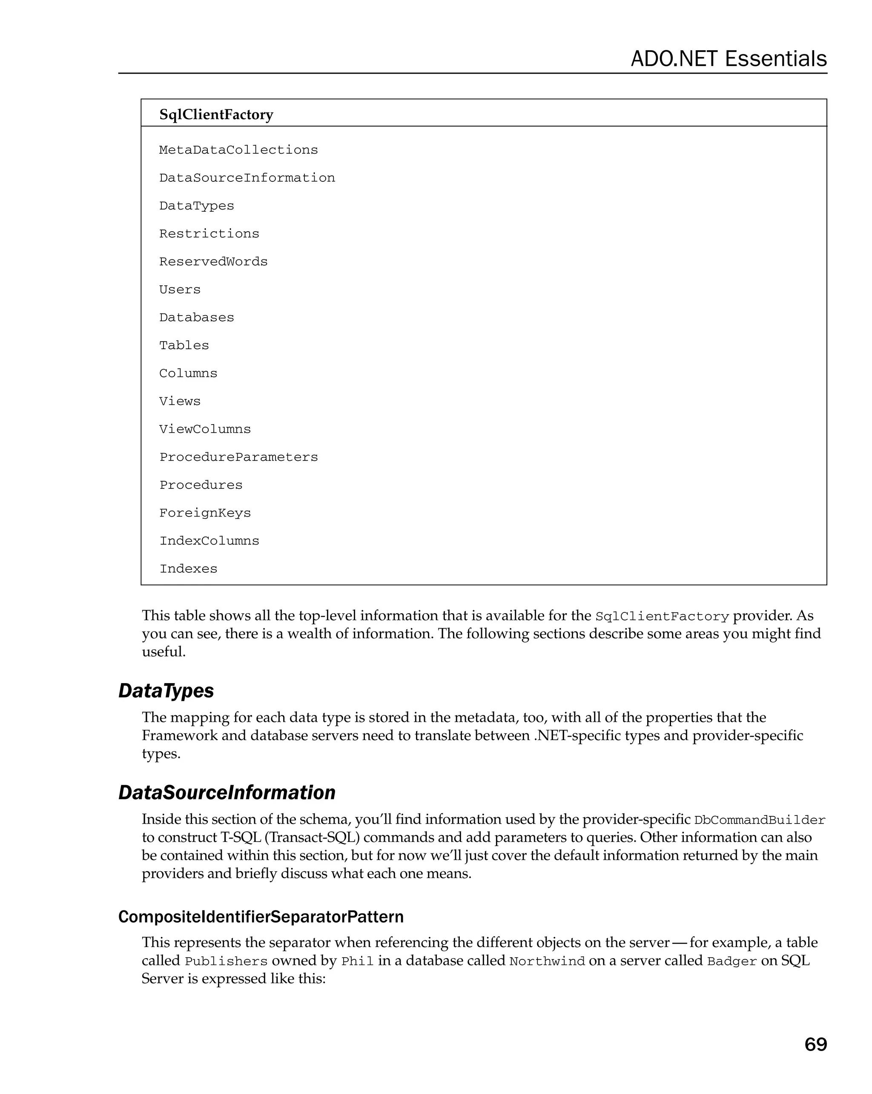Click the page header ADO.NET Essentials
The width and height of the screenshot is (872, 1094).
(729, 59)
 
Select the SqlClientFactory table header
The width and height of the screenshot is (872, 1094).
(216, 115)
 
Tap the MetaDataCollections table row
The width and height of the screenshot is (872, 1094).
(238, 150)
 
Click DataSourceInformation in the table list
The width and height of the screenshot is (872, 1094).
(247, 178)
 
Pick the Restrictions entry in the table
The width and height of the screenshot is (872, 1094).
(209, 234)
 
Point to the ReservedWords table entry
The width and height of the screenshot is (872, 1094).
(213, 262)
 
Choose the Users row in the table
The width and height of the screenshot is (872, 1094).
(180, 290)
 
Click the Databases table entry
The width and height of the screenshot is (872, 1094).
(197, 318)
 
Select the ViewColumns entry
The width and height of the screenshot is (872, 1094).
(205, 429)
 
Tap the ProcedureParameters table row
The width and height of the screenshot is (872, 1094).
(238, 457)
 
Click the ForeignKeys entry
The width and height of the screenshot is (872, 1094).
(205, 513)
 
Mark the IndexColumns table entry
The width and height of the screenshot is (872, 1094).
(209, 541)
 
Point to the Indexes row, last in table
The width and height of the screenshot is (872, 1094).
(188, 569)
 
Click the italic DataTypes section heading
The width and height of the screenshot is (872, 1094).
(166, 691)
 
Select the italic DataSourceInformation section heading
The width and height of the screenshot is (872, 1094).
(227, 793)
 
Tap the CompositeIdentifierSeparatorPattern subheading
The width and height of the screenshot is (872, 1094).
(261, 917)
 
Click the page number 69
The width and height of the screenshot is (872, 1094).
(815, 1044)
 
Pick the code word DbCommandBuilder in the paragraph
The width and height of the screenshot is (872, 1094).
(760, 821)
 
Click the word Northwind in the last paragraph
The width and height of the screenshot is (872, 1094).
(547, 962)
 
